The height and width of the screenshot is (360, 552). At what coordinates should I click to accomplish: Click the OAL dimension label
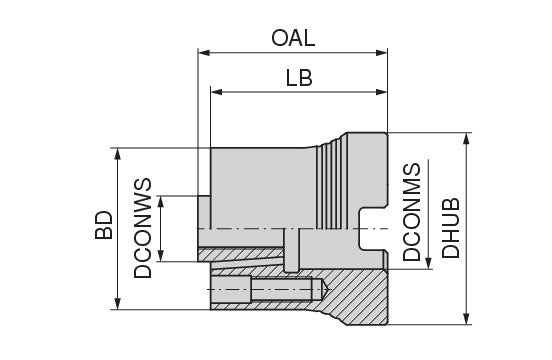(x=293, y=38)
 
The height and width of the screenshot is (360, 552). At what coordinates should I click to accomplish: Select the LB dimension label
(x=299, y=78)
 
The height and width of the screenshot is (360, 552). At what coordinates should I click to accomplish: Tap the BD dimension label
(x=104, y=225)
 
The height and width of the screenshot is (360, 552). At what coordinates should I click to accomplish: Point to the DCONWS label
(x=143, y=228)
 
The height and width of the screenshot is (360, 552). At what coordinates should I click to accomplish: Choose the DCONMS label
(x=412, y=212)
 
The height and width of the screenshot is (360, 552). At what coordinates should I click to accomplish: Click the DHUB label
(x=451, y=228)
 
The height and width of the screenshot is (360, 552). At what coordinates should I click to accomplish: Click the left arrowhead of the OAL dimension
(x=204, y=53)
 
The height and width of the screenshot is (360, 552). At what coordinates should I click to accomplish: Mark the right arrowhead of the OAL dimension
(x=382, y=53)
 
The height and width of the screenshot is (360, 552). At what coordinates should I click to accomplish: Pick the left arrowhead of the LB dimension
(x=217, y=92)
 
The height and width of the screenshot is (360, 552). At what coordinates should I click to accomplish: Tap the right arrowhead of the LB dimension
(x=382, y=92)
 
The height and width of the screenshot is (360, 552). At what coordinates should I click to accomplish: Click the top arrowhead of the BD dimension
(x=118, y=154)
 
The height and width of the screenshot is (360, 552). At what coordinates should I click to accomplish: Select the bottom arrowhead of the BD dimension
(x=118, y=304)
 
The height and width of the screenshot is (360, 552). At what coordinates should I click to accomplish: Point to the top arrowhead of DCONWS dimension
(x=161, y=202)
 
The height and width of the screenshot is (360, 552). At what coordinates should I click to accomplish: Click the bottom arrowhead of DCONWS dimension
(x=161, y=255)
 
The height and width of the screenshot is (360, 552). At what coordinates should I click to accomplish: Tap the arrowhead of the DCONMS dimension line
(x=428, y=263)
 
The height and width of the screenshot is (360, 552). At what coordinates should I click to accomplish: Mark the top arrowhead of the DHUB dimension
(x=467, y=139)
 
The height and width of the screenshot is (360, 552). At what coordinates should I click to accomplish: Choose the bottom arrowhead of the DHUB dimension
(x=467, y=318)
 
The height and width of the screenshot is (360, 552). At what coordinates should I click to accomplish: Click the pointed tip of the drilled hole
(x=329, y=289)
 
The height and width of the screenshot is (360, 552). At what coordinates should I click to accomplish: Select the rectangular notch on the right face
(x=374, y=229)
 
